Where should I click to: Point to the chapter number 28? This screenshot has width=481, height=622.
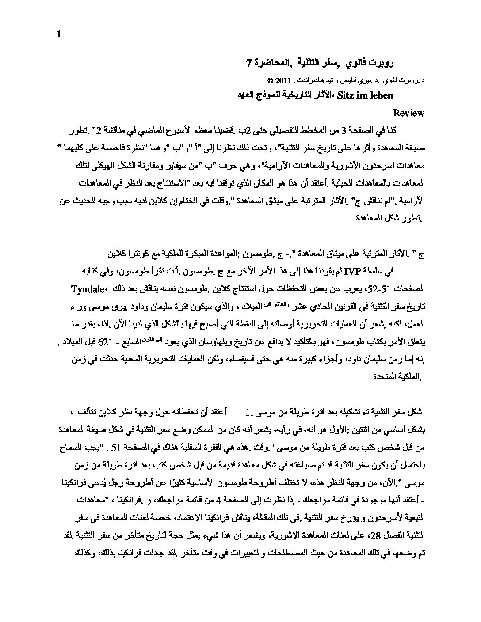point(368,537)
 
